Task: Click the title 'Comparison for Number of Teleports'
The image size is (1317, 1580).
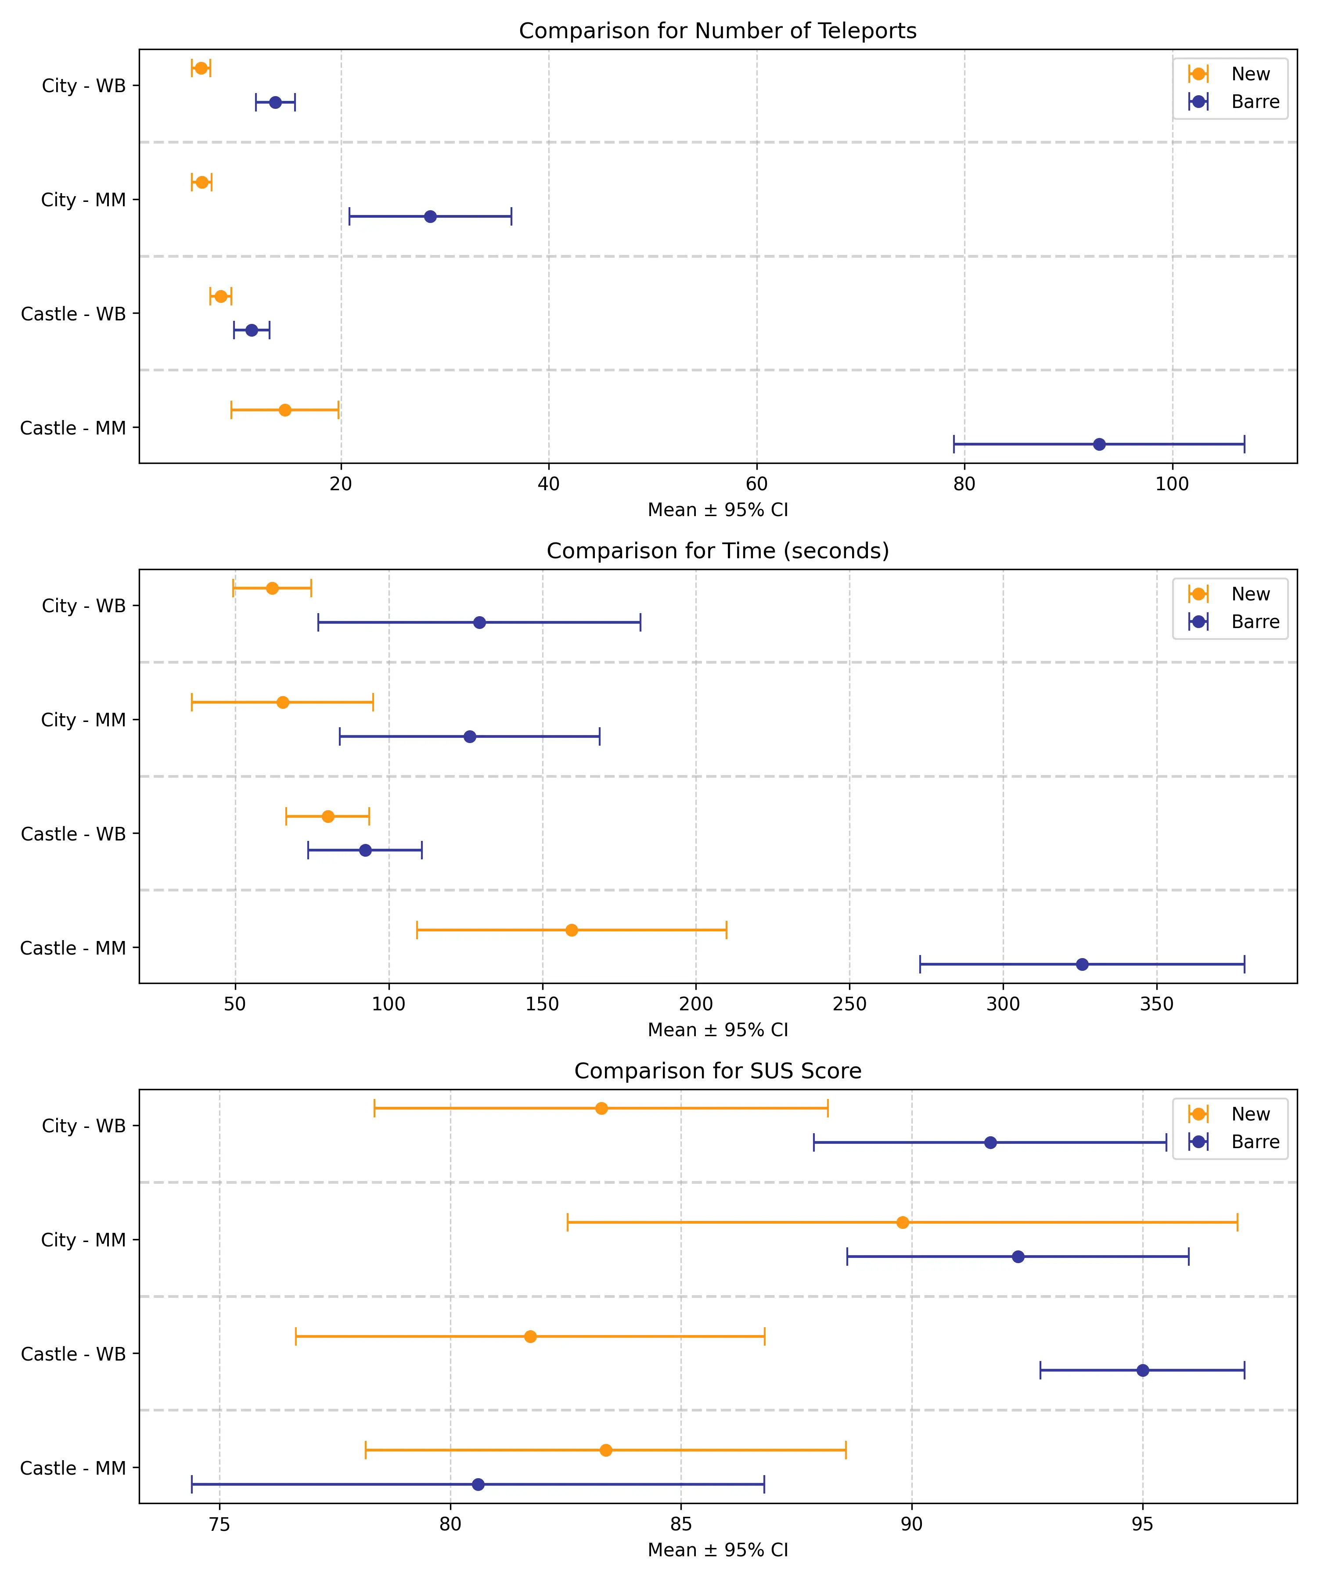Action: coord(717,31)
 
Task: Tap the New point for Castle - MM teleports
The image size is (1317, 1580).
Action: coord(284,410)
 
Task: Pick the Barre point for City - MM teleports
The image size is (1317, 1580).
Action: coord(430,217)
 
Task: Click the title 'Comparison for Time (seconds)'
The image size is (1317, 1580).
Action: coord(717,551)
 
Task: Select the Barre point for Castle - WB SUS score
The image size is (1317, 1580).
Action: coord(1142,1370)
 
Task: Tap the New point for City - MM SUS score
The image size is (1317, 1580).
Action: coord(902,1223)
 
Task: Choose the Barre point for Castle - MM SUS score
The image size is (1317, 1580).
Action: coord(478,1484)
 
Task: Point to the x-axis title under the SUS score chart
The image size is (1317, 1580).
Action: coord(717,1550)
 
